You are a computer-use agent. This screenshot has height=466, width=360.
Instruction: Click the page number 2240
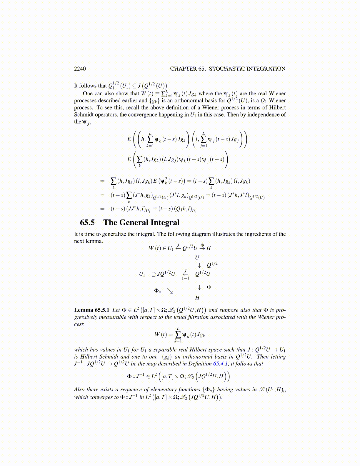pyautogui.click(x=80, y=69)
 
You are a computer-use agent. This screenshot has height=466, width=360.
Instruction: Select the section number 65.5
pyautogui.click(x=87, y=222)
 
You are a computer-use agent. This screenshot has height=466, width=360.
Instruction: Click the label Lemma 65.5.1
pyautogui.click(x=91, y=310)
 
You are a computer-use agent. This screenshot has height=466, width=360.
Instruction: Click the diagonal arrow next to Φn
pyautogui.click(x=170, y=291)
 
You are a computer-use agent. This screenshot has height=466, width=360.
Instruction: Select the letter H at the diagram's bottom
pyautogui.click(x=197, y=298)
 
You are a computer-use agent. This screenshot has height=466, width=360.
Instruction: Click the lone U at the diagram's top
pyautogui.click(x=197, y=258)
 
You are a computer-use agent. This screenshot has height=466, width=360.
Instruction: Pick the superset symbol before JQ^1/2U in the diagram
pyautogui.click(x=153, y=274)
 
